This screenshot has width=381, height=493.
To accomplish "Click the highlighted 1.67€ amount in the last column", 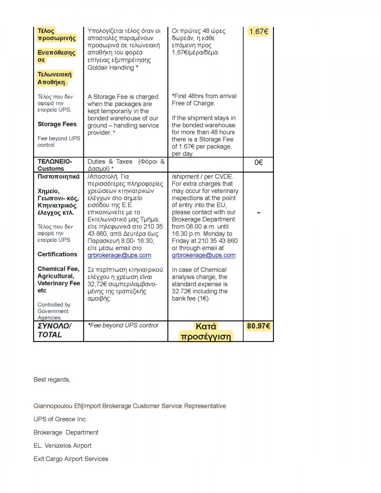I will click(x=259, y=32).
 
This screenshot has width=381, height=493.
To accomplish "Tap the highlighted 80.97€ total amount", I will click(x=258, y=327).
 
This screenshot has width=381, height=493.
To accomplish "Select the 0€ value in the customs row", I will click(x=258, y=162).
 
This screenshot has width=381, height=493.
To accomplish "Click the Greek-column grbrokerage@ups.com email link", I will click(x=119, y=255).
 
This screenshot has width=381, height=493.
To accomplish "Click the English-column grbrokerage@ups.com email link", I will click(x=204, y=255).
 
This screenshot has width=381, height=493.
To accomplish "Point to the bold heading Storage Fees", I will click(x=57, y=124).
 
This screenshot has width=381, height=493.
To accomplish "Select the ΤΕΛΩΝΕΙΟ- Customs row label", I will click(x=55, y=165).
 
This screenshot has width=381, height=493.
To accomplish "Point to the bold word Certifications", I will click(x=57, y=254).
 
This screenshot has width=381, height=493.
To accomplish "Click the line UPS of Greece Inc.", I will click(x=60, y=419).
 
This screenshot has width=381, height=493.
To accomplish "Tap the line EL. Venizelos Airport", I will click(x=62, y=445).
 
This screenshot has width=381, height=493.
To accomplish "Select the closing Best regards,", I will click(x=52, y=380).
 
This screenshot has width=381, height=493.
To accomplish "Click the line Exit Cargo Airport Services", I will click(x=71, y=458).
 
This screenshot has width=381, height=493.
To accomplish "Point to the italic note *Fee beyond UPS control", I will click(x=123, y=325).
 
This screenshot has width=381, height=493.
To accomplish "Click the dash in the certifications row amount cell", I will click(x=258, y=212).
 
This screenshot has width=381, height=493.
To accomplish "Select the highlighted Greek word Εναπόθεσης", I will click(x=57, y=53).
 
